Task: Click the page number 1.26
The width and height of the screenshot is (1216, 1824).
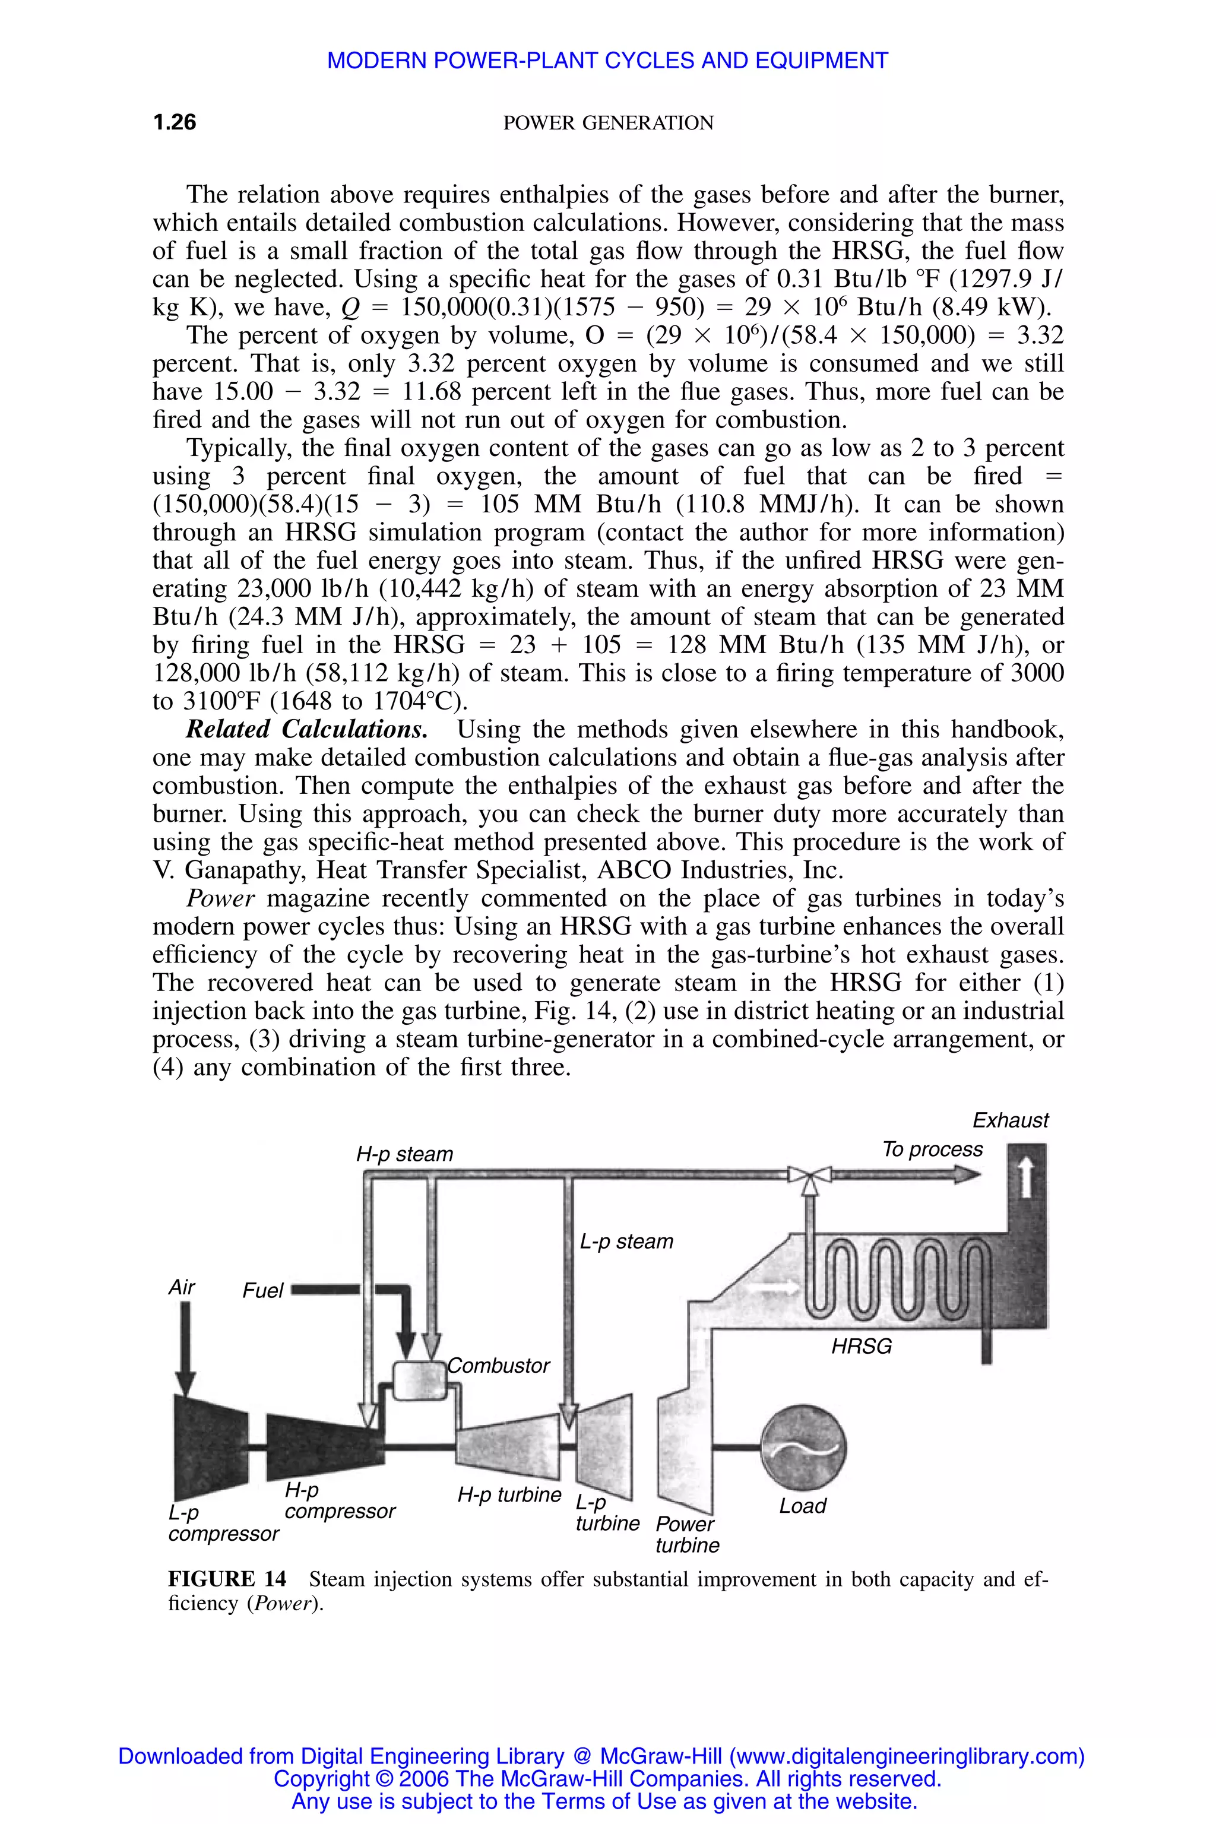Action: click(175, 122)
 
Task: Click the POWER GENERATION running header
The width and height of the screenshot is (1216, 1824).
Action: click(608, 123)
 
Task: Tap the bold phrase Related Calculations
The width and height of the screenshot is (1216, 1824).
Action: click(306, 730)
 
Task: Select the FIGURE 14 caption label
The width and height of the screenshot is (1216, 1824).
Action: click(227, 1580)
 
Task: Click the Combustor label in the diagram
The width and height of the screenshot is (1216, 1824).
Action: click(499, 1365)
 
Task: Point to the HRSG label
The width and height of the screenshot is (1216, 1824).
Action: click(861, 1346)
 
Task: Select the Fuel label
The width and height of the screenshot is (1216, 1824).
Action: click(263, 1290)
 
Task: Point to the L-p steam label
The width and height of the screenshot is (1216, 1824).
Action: click(626, 1241)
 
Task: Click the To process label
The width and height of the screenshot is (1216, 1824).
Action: click(932, 1149)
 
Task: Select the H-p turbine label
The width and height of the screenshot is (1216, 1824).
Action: click(509, 1494)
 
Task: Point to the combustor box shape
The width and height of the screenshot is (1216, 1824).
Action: click(417, 1379)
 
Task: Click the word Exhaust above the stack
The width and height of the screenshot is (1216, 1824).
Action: click(1010, 1120)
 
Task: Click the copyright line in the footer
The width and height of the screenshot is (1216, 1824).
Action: click(607, 1779)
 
